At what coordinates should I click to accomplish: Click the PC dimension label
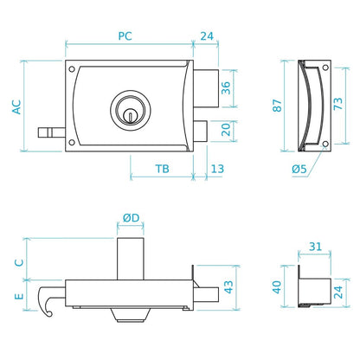[125, 36]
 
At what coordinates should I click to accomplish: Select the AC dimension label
[16, 107]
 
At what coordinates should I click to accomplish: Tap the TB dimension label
[162, 169]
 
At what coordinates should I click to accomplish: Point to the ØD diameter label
[131, 218]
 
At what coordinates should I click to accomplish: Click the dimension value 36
[226, 88]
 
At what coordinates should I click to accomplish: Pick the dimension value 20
[226, 130]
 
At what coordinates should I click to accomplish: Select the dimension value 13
[217, 169]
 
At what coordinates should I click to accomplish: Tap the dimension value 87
[277, 106]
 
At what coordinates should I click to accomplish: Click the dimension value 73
[338, 104]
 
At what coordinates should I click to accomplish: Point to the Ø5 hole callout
[299, 169]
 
